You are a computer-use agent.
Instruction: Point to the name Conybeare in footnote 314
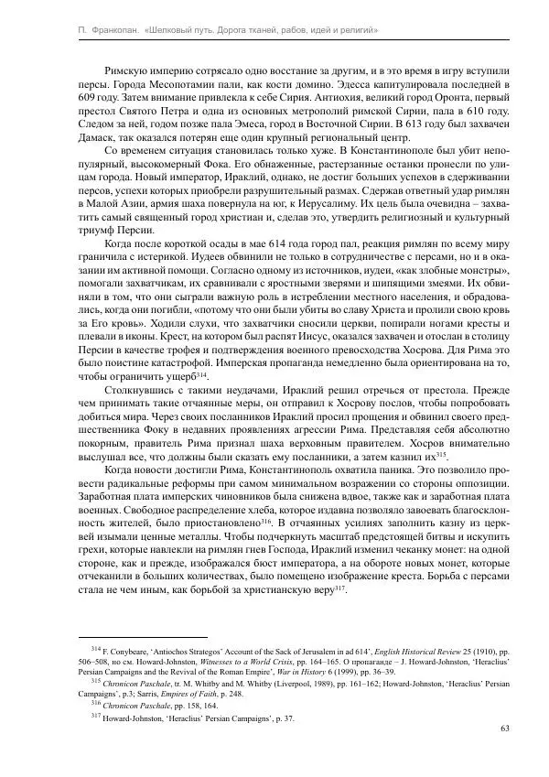click(129, 649)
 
